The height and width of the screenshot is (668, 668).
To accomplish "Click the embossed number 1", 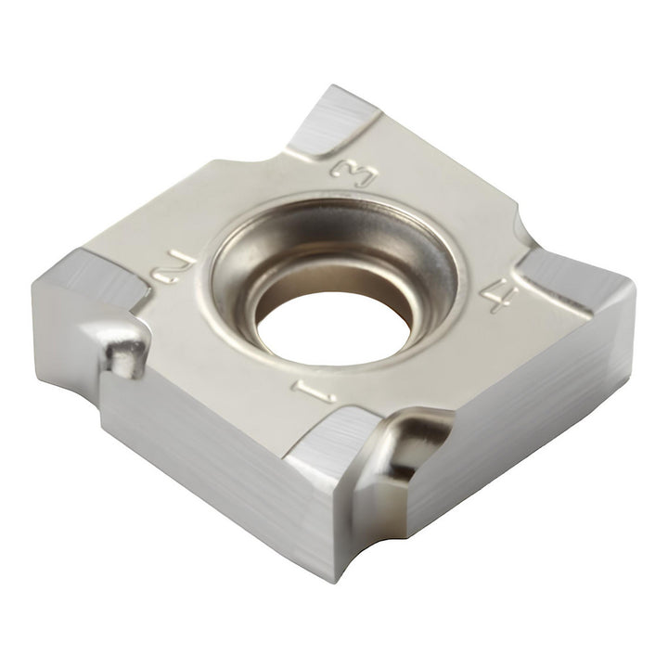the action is point(314,392).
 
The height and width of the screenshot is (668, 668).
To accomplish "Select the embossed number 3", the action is point(354,173).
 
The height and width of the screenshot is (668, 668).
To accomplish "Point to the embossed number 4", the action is point(499,293).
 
